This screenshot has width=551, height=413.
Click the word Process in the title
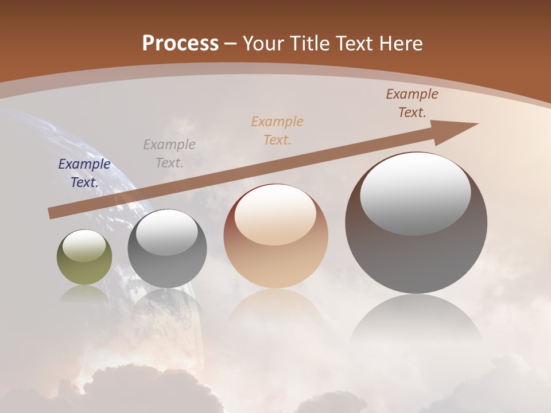click(x=180, y=44)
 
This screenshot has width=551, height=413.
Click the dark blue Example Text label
click(x=84, y=173)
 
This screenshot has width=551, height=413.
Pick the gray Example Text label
click(x=169, y=153)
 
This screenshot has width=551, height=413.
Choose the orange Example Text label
click(x=277, y=130)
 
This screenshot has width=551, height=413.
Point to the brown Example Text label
click(x=412, y=103)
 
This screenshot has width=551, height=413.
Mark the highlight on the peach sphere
click(x=275, y=214)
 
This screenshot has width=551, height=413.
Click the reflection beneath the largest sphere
click(x=416, y=321)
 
